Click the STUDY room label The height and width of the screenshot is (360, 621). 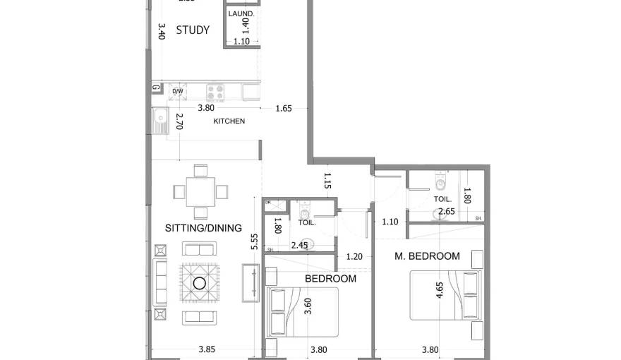coord(193,30)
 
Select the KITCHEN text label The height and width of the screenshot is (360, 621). coord(229,121)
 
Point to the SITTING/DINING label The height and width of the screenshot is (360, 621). coord(203,228)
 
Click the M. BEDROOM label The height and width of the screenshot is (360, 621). coord(427,256)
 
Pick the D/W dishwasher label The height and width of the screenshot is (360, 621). coord(178,91)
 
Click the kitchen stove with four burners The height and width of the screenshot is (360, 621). coord(215,91)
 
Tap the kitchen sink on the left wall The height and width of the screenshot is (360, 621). coord(159,121)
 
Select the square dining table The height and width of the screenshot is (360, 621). coord(200,191)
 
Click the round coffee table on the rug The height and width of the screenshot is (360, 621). coord(200,283)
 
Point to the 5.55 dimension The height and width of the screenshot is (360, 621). coord(256,243)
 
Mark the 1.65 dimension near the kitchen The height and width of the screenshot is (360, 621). coord(284,108)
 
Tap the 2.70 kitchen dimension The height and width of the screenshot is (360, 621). coord(179,121)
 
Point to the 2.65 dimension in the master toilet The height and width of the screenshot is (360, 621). coord(446,211)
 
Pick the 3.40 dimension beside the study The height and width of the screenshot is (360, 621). coord(161,31)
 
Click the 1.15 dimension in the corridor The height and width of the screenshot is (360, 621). coord(327,181)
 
